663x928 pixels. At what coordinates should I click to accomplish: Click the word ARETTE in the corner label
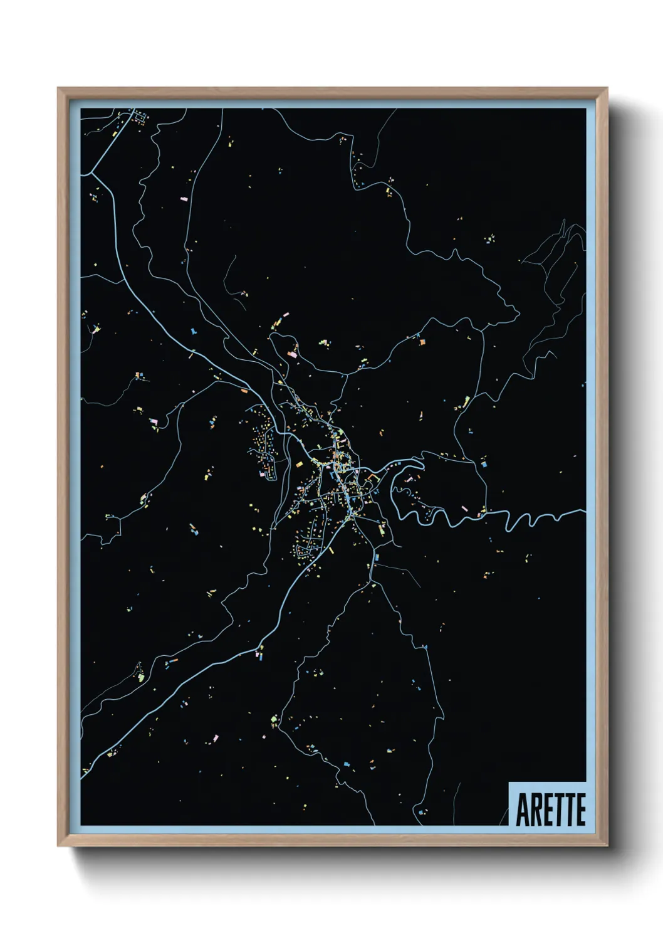coord(550,809)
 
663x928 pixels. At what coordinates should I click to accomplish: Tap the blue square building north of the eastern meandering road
coord(484,465)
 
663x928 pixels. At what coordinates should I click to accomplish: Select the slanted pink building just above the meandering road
coord(464,507)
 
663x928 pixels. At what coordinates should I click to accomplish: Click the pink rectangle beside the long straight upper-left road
coord(184,199)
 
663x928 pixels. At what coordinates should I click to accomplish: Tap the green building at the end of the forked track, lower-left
coord(141,677)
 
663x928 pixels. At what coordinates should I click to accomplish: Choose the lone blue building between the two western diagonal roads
coord(193,329)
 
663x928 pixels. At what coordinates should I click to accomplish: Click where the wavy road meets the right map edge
coord(584,511)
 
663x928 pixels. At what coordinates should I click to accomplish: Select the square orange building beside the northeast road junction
coord(422,342)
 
